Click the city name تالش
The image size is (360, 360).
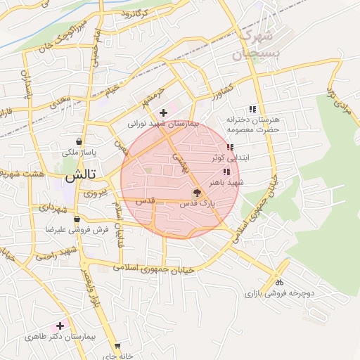pos(79,176)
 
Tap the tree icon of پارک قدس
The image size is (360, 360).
pos(197,193)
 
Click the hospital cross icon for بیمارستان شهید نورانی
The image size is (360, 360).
pos(163,112)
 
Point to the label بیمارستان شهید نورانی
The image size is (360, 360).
pos(163,123)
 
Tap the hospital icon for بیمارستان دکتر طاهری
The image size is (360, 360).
pos(60,326)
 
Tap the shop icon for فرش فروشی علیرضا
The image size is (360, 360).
pos(76,219)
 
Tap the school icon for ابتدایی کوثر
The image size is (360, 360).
pos(230,147)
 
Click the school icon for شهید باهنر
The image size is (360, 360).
pos(226,172)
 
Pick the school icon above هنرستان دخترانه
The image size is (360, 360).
pos(252,109)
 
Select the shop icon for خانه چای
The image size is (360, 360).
pos(117,346)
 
